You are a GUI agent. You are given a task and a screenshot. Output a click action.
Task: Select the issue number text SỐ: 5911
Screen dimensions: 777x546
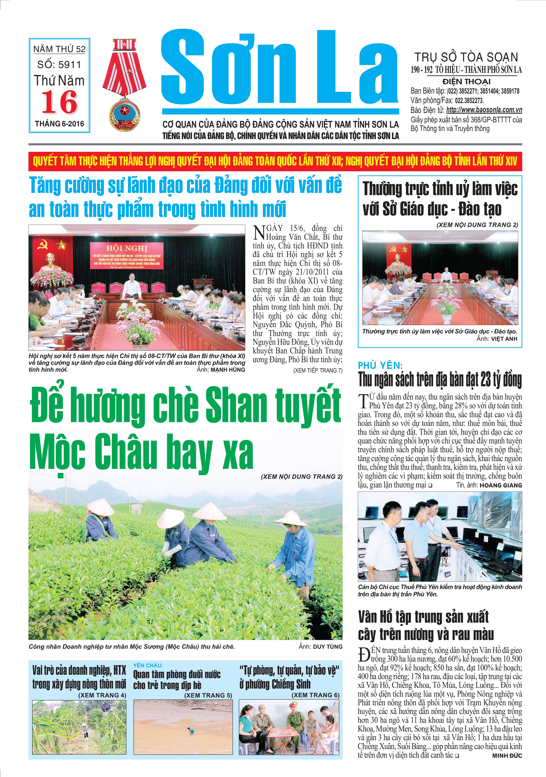[x=59, y=65]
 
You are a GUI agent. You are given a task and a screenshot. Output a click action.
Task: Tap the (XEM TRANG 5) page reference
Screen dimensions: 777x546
[x=208, y=695]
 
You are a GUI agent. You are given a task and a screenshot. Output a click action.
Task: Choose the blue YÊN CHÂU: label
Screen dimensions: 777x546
[x=148, y=665]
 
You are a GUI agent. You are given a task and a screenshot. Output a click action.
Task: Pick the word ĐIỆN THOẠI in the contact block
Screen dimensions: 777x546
[x=466, y=82]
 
